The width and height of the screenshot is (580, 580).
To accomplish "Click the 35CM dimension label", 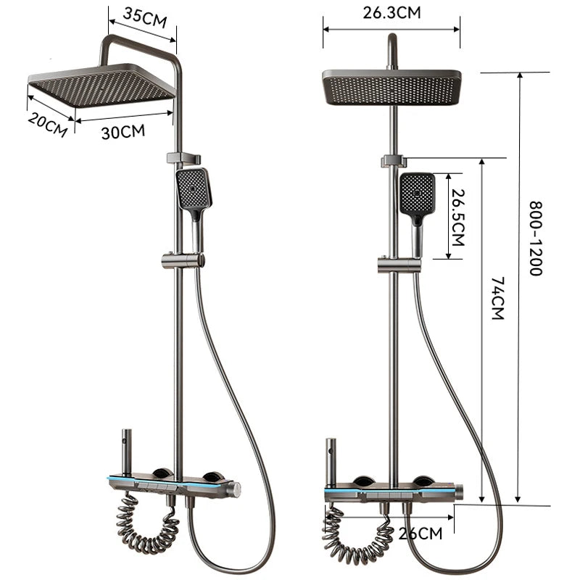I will pyautogui.click(x=145, y=17).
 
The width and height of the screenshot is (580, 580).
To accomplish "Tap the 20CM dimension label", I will pyautogui.click(x=47, y=124).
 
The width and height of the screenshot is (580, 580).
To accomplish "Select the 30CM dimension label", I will pyautogui.click(x=123, y=131).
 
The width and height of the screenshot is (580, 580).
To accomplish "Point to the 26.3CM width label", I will pyautogui.click(x=392, y=12).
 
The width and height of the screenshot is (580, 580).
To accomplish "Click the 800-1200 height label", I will pyautogui.click(x=535, y=239).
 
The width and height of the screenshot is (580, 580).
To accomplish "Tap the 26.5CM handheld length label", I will pyautogui.click(x=457, y=216).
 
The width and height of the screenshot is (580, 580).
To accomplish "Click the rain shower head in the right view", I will pyautogui.click(x=392, y=87).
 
